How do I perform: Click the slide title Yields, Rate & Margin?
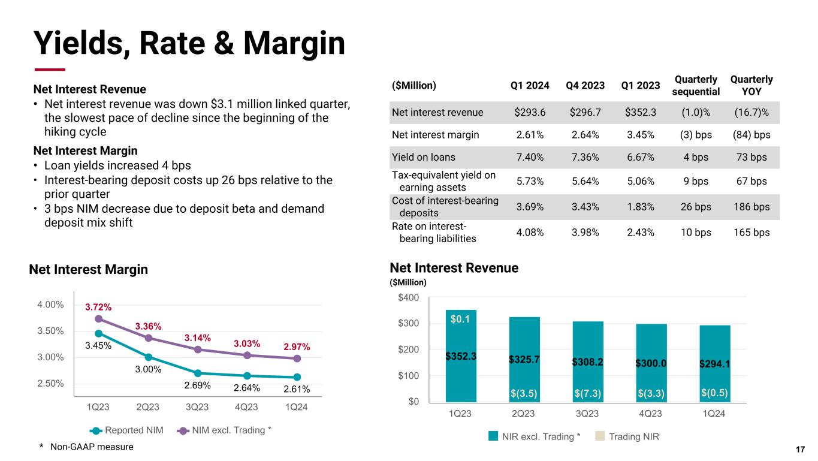tap(189, 43)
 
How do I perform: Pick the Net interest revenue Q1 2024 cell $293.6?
tap(530, 112)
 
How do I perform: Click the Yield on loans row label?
tap(423, 158)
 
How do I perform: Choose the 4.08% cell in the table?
tap(530, 232)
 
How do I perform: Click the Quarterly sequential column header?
tap(696, 85)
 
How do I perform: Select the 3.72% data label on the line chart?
tap(97, 307)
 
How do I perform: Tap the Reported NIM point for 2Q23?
tap(148, 357)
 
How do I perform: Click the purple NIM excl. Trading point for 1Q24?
tap(297, 358)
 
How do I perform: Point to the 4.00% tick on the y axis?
tap(50, 305)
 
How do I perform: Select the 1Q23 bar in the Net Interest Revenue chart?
tap(461, 355)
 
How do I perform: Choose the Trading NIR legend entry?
tap(627, 436)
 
